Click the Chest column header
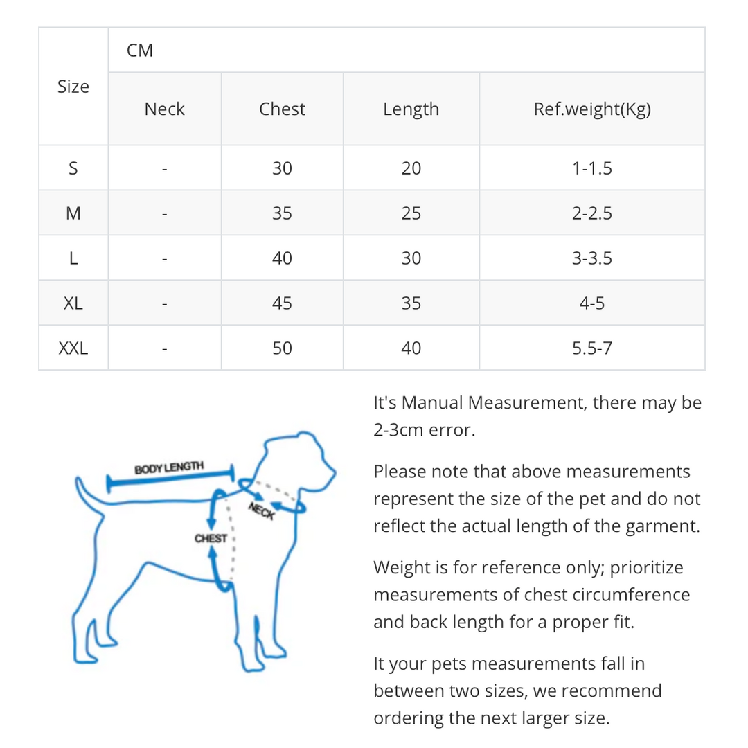tap(282, 109)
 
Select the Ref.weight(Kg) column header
tap(592, 109)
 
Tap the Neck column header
tap(165, 109)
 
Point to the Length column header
tap(411, 109)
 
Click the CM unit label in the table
tap(140, 51)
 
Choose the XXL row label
tap(73, 348)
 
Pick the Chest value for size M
tap(282, 213)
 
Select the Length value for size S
tap(411, 168)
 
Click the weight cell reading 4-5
tap(592, 303)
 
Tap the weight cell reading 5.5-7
tap(592, 348)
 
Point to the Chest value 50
tap(282, 348)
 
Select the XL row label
tap(73, 303)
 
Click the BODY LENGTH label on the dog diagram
tap(169, 467)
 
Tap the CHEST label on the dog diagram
tap(211, 539)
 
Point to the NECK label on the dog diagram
tap(261, 511)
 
